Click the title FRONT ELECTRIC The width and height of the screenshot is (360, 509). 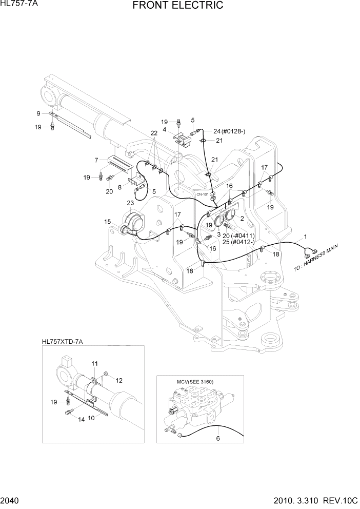click(x=177, y=6)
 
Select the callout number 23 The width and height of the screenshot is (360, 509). click(x=130, y=203)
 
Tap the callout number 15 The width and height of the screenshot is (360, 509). click(x=107, y=222)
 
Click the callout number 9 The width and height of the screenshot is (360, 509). click(x=38, y=113)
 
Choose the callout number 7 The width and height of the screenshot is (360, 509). click(x=96, y=161)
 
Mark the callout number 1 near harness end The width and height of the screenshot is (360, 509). click(x=306, y=237)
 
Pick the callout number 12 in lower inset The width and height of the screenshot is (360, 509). click(x=119, y=380)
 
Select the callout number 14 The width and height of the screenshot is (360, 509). click(x=81, y=419)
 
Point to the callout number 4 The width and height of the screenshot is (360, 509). click(x=164, y=130)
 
